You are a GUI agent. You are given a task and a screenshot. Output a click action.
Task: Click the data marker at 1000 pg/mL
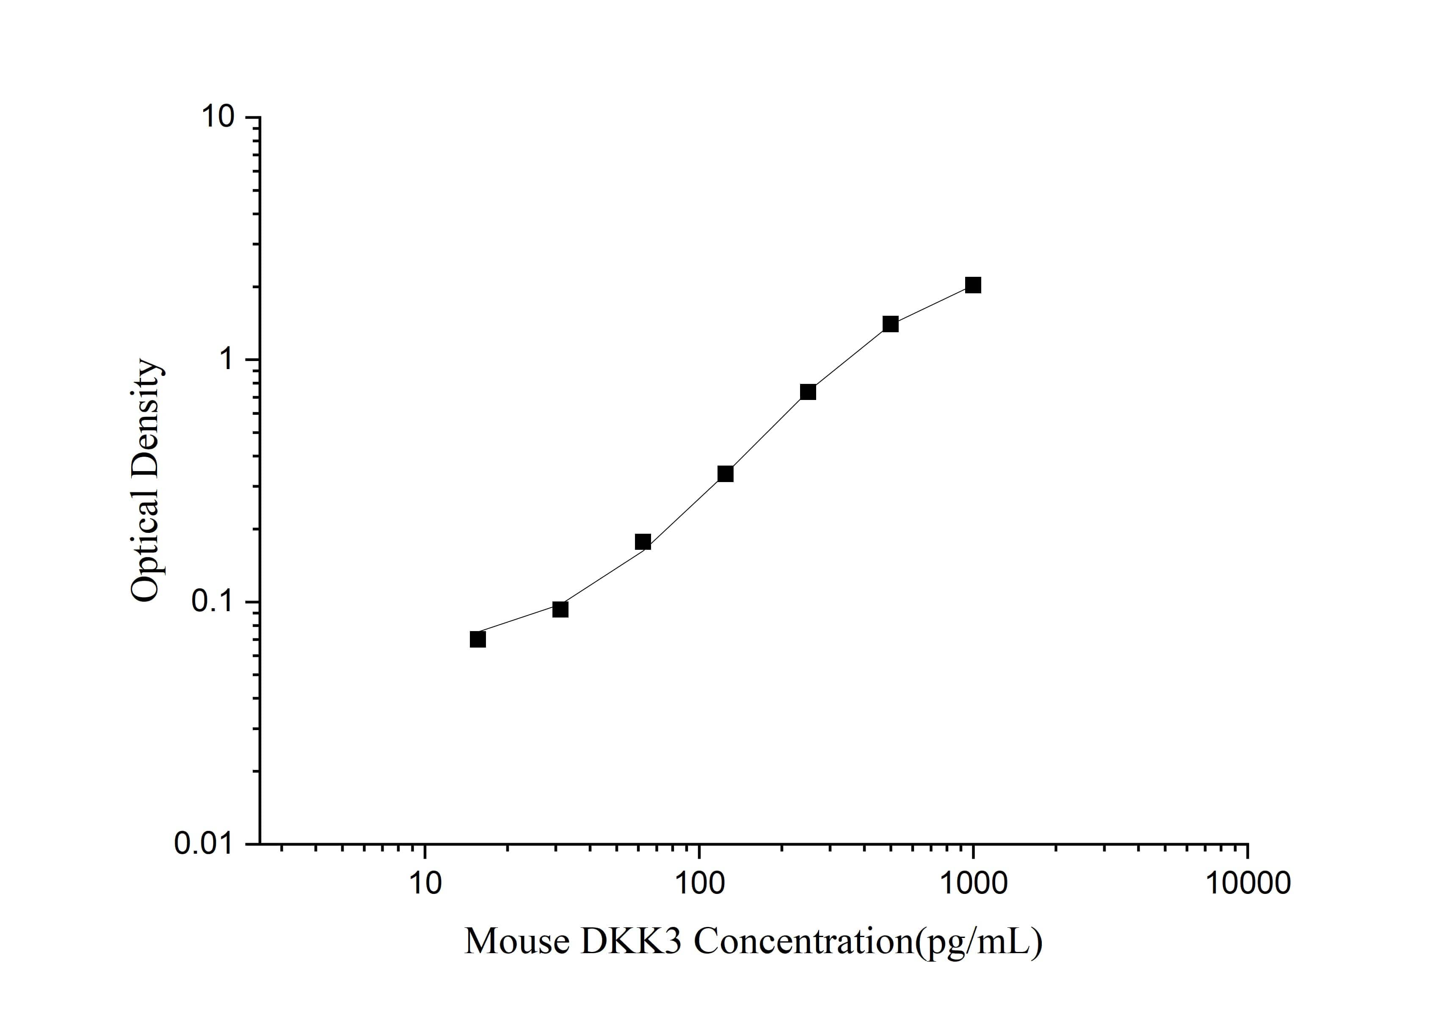pyautogui.click(x=973, y=285)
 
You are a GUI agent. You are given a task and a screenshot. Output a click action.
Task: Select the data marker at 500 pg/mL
pyautogui.click(x=891, y=324)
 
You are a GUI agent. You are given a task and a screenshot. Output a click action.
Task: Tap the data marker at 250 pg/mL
pyautogui.click(x=808, y=392)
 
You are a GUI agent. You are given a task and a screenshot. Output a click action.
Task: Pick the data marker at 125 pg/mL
pyautogui.click(x=726, y=474)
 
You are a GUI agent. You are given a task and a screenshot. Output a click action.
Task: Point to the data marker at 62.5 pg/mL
pyautogui.click(x=643, y=541)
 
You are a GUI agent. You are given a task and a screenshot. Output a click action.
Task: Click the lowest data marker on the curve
pyautogui.click(x=478, y=639)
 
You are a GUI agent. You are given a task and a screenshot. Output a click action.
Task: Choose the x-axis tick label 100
pyautogui.click(x=698, y=883)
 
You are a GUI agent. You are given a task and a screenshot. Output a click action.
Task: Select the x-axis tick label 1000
pyautogui.click(x=973, y=883)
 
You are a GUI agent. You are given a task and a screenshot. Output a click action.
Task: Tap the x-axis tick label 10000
pyautogui.click(x=1247, y=883)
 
